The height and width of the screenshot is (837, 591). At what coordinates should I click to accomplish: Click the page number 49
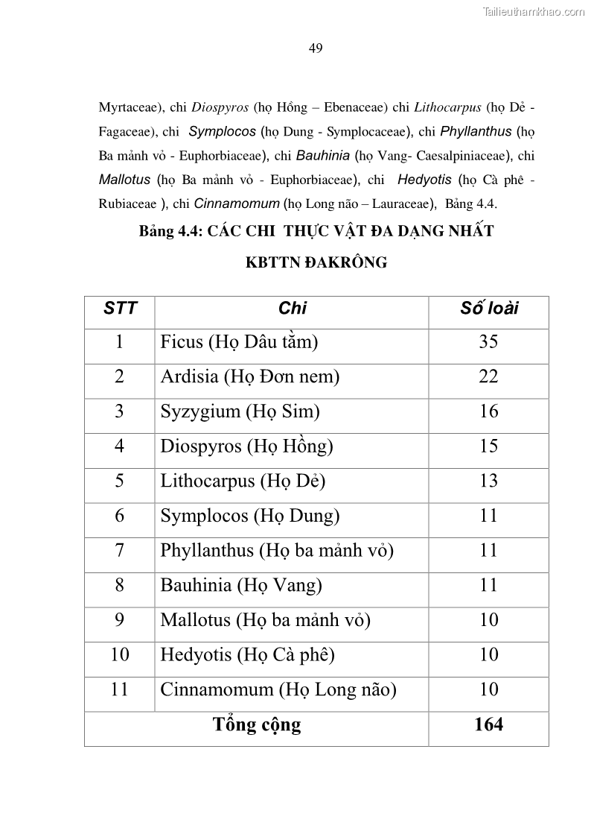315,48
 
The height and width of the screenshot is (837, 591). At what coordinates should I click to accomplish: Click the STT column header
120,309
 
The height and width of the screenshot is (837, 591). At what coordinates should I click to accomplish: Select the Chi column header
292,309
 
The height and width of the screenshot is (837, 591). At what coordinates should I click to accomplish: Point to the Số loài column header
488,309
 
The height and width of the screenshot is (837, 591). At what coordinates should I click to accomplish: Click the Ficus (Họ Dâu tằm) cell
239,342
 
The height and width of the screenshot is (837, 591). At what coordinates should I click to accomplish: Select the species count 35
488,342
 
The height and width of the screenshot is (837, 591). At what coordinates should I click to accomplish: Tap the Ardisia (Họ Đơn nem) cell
250,376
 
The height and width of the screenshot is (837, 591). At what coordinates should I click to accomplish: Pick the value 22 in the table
488,376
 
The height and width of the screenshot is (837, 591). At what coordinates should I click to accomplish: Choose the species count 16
488,411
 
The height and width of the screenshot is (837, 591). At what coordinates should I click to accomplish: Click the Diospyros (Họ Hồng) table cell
246,446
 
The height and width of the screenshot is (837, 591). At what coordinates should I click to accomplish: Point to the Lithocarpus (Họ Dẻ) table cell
243,481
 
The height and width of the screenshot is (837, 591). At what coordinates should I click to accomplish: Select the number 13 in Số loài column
488,481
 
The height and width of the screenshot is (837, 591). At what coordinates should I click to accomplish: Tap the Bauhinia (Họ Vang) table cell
241,585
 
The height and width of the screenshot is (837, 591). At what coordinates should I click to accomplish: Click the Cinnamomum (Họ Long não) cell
278,689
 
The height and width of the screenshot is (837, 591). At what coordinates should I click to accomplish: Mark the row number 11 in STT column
119,689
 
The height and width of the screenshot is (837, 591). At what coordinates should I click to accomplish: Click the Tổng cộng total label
257,724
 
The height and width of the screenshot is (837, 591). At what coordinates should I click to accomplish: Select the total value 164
488,724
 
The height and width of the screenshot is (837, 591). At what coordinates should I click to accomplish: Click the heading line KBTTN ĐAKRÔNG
316,263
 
